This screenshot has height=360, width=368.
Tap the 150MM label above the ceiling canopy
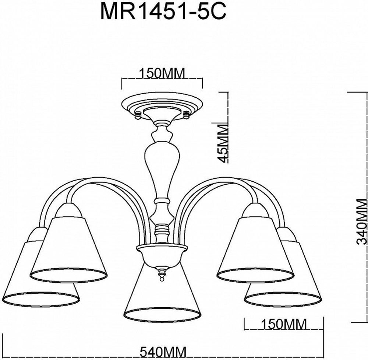162,73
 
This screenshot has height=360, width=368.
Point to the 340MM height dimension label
362,221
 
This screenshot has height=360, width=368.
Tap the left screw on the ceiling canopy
139,115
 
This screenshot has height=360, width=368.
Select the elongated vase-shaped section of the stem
162,166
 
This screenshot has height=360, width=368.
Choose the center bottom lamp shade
162,295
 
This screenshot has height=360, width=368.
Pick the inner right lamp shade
256,251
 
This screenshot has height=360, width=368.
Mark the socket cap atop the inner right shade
255,211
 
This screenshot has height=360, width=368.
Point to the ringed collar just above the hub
162,234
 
